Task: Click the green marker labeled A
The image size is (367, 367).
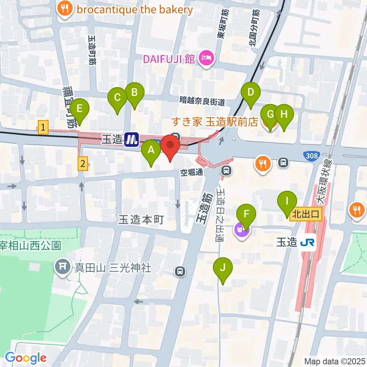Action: coord(151,150)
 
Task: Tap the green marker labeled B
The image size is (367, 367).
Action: coord(135,93)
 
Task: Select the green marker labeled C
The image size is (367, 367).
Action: coord(117,98)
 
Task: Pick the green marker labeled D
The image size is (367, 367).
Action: coord(251,93)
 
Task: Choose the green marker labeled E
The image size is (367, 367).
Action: coord(80,109)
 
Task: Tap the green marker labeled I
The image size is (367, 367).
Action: coord(287,201)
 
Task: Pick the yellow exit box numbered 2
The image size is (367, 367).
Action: coord(82,164)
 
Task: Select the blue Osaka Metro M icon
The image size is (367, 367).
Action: coord(132,139)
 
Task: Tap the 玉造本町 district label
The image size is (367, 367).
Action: coord(141,219)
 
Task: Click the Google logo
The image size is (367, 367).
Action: coord(26,358)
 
